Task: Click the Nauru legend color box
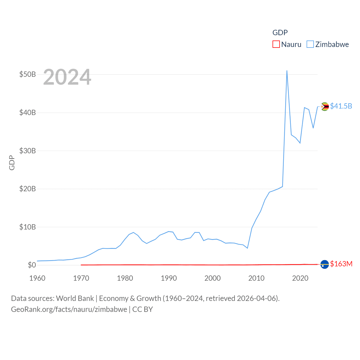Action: pos(276,44)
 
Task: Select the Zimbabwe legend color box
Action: pos(310,44)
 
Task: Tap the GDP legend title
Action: pos(280,33)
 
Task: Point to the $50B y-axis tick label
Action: pos(28,75)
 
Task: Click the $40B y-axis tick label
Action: pos(28,113)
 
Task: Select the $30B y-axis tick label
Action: pos(28,151)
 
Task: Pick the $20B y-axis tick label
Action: pos(28,189)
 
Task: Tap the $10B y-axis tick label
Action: pos(28,227)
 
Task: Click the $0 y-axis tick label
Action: pos(32,265)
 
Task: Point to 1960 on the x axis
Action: pos(37,278)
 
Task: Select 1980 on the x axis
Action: pos(125,278)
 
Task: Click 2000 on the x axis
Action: pos(213,278)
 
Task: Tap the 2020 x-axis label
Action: pos(300,278)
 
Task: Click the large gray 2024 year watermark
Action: pos(67,77)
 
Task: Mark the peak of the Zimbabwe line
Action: pos(287,71)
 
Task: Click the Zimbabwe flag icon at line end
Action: pos(325,107)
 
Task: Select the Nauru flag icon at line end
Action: pos(325,264)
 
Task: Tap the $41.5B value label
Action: pos(341,106)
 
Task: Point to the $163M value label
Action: pos(341,264)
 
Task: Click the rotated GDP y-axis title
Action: pos(12,163)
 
